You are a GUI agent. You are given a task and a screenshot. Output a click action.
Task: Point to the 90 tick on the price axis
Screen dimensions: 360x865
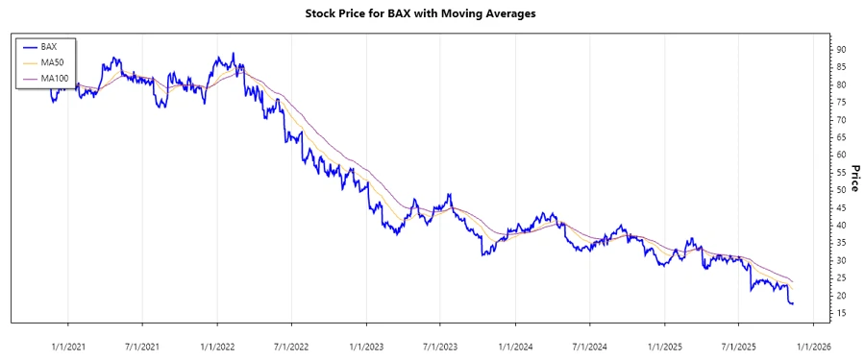click(841, 49)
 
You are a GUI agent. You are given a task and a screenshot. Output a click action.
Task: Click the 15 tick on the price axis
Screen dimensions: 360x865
click(841, 313)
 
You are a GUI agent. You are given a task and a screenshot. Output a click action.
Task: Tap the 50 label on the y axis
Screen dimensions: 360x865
click(841, 190)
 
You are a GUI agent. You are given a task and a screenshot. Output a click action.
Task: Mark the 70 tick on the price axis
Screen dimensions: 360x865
click(841, 120)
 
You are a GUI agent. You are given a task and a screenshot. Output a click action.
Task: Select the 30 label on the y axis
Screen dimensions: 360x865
click(841, 260)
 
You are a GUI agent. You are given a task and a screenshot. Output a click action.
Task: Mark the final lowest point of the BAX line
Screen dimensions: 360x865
click(791, 303)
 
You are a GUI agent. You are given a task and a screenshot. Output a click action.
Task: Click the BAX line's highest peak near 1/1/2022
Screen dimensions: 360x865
click(234, 54)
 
